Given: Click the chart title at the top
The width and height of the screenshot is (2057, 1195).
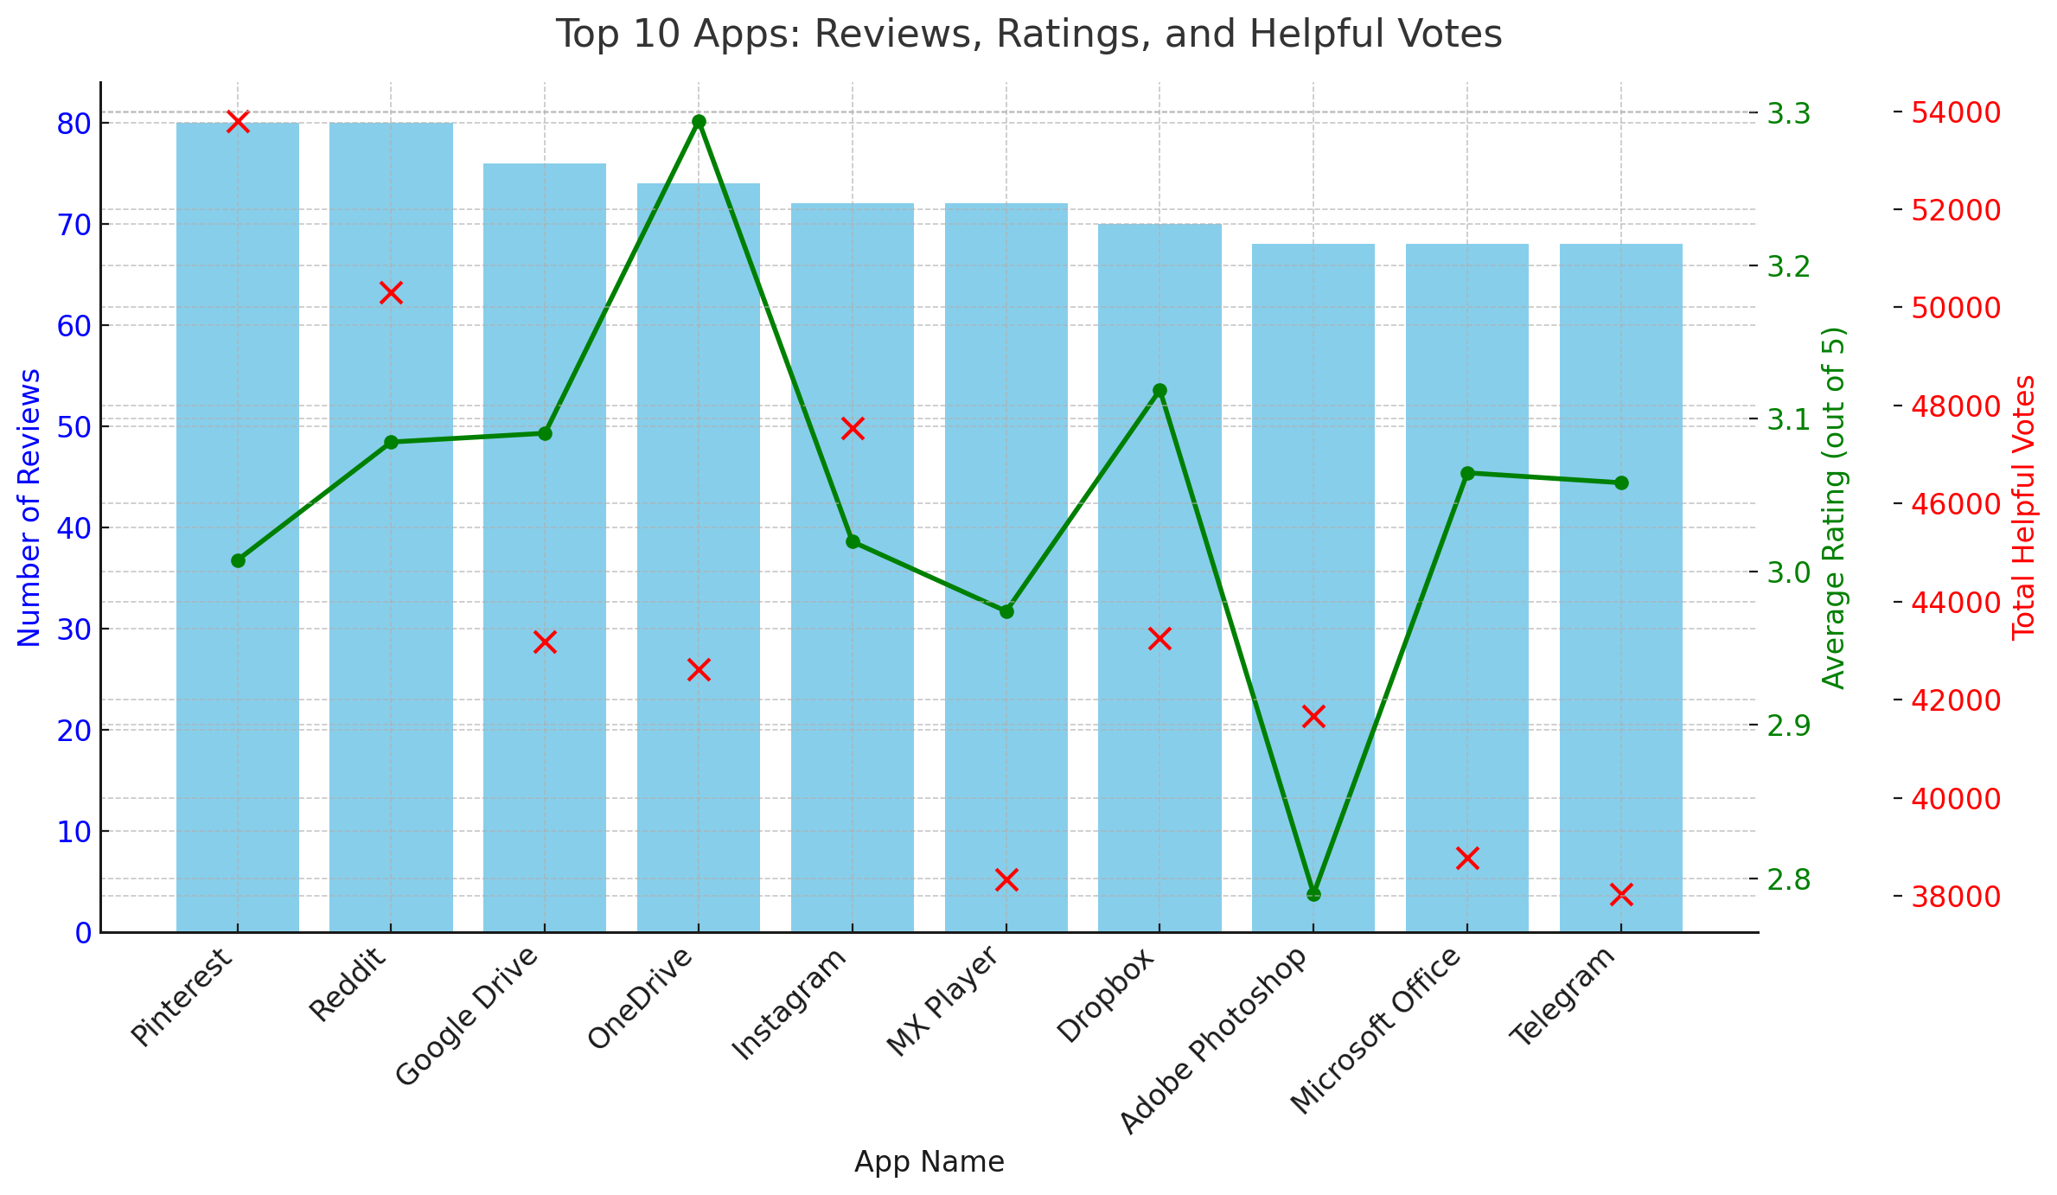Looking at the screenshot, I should point(1028,35).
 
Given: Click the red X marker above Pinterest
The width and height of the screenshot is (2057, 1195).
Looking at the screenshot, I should point(238,122).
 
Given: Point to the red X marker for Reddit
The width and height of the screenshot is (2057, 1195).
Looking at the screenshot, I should point(391,293).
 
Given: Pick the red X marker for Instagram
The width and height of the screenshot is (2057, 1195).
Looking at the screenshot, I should point(853,429).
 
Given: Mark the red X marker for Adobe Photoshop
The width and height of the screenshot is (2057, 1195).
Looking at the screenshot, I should point(1313,716).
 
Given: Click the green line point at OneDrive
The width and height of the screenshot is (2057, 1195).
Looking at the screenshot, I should point(699,121).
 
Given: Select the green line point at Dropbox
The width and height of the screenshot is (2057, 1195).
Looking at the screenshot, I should point(1159,391).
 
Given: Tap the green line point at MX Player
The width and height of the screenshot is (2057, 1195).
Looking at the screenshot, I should point(1006,611).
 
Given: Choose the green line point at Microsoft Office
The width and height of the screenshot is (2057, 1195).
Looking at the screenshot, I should point(1467,473).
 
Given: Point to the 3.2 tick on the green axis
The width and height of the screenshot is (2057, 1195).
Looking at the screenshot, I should point(1788,266).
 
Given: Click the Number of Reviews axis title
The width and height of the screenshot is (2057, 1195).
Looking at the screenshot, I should point(29,508).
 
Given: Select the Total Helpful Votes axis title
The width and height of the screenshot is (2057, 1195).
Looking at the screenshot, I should point(2023,508).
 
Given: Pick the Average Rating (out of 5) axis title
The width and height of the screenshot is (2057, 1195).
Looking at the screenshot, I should point(1833,508).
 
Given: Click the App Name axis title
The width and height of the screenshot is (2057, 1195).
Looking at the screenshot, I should point(929,1162).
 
